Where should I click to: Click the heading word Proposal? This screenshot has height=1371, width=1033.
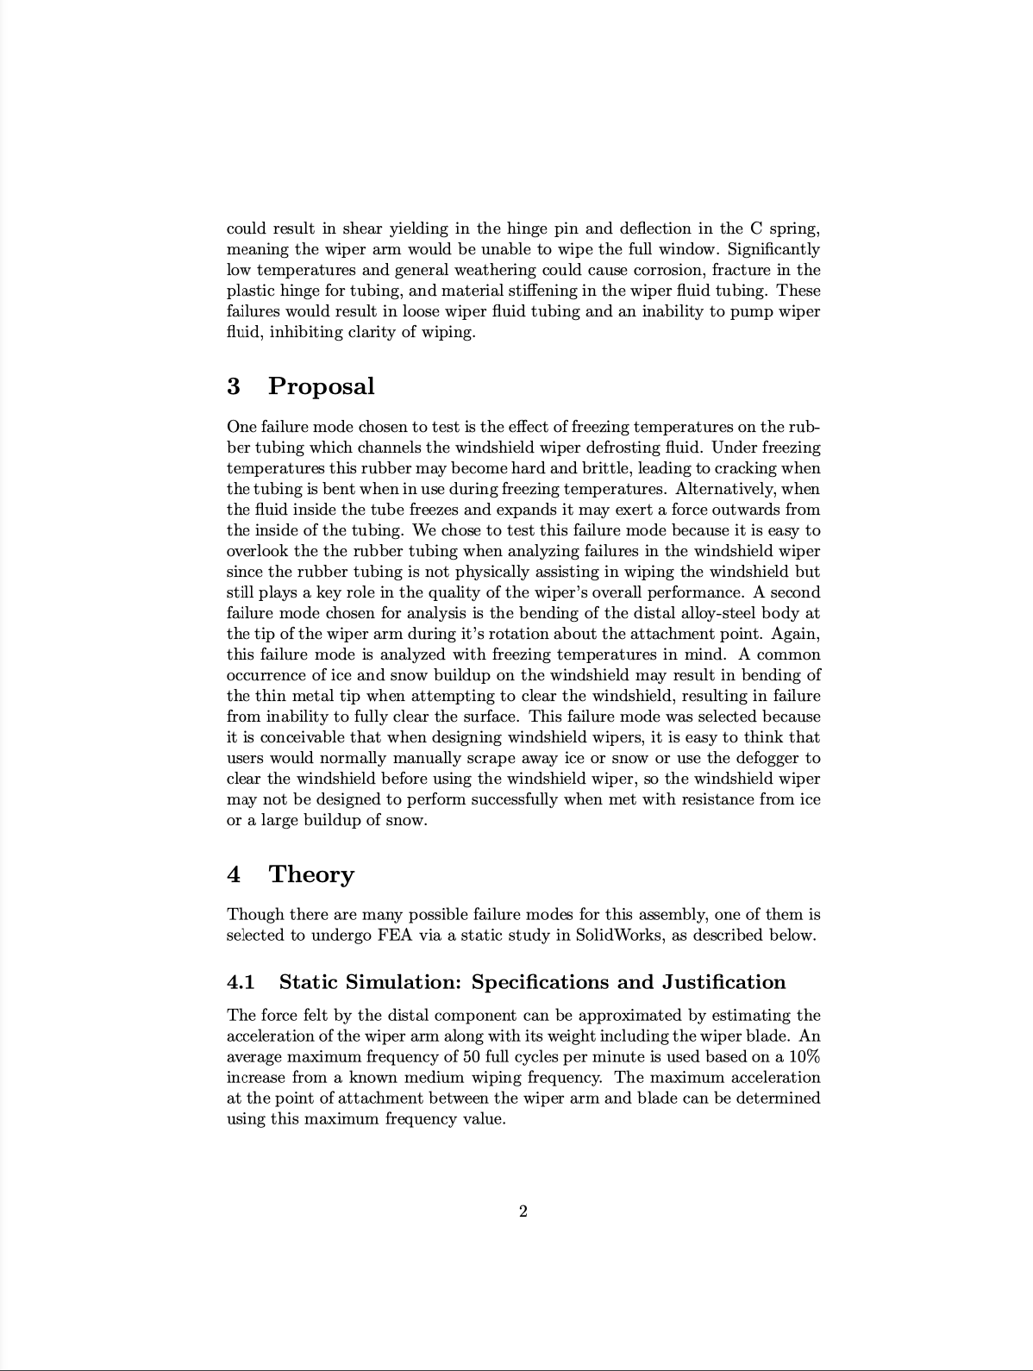click(321, 386)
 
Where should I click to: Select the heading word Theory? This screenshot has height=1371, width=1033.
click(311, 874)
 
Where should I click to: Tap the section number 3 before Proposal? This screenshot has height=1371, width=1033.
click(233, 386)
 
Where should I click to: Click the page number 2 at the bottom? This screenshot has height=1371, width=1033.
click(523, 1211)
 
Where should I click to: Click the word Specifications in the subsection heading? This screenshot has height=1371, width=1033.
click(542, 982)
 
